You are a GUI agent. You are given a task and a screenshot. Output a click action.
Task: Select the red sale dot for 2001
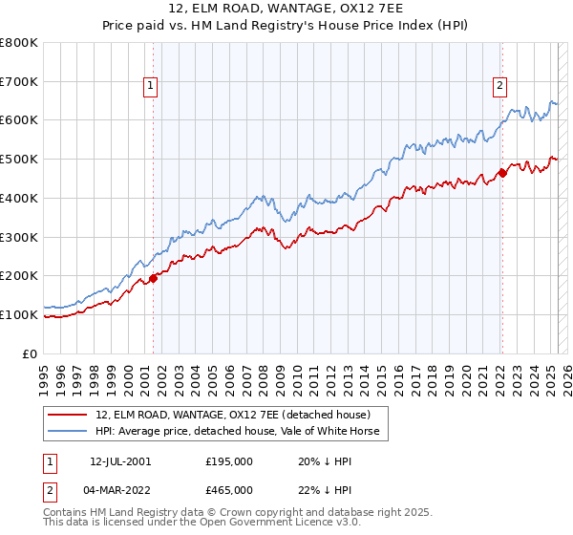153,279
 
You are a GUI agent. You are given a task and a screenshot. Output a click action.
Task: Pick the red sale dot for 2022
502,174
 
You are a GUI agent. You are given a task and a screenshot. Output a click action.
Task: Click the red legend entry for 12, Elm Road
240,415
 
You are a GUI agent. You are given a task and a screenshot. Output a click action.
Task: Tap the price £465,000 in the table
228,489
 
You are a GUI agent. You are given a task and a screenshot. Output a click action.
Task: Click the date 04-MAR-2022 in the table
120,489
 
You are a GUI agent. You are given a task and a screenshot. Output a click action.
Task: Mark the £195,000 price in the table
228,460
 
